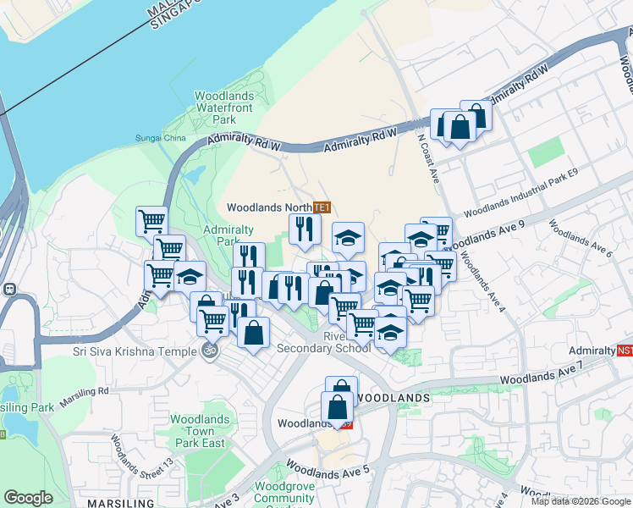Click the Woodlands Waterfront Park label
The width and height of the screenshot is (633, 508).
(224, 108)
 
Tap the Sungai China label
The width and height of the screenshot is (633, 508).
(160, 139)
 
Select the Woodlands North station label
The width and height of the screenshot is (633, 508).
(268, 207)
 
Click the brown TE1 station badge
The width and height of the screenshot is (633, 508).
(321, 207)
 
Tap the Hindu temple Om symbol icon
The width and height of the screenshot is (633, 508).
(210, 350)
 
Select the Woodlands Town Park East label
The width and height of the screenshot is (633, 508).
(199, 431)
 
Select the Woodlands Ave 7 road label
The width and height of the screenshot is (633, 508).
(542, 373)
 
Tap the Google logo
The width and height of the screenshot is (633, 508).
(29, 498)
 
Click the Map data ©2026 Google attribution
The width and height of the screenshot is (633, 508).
(581, 501)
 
